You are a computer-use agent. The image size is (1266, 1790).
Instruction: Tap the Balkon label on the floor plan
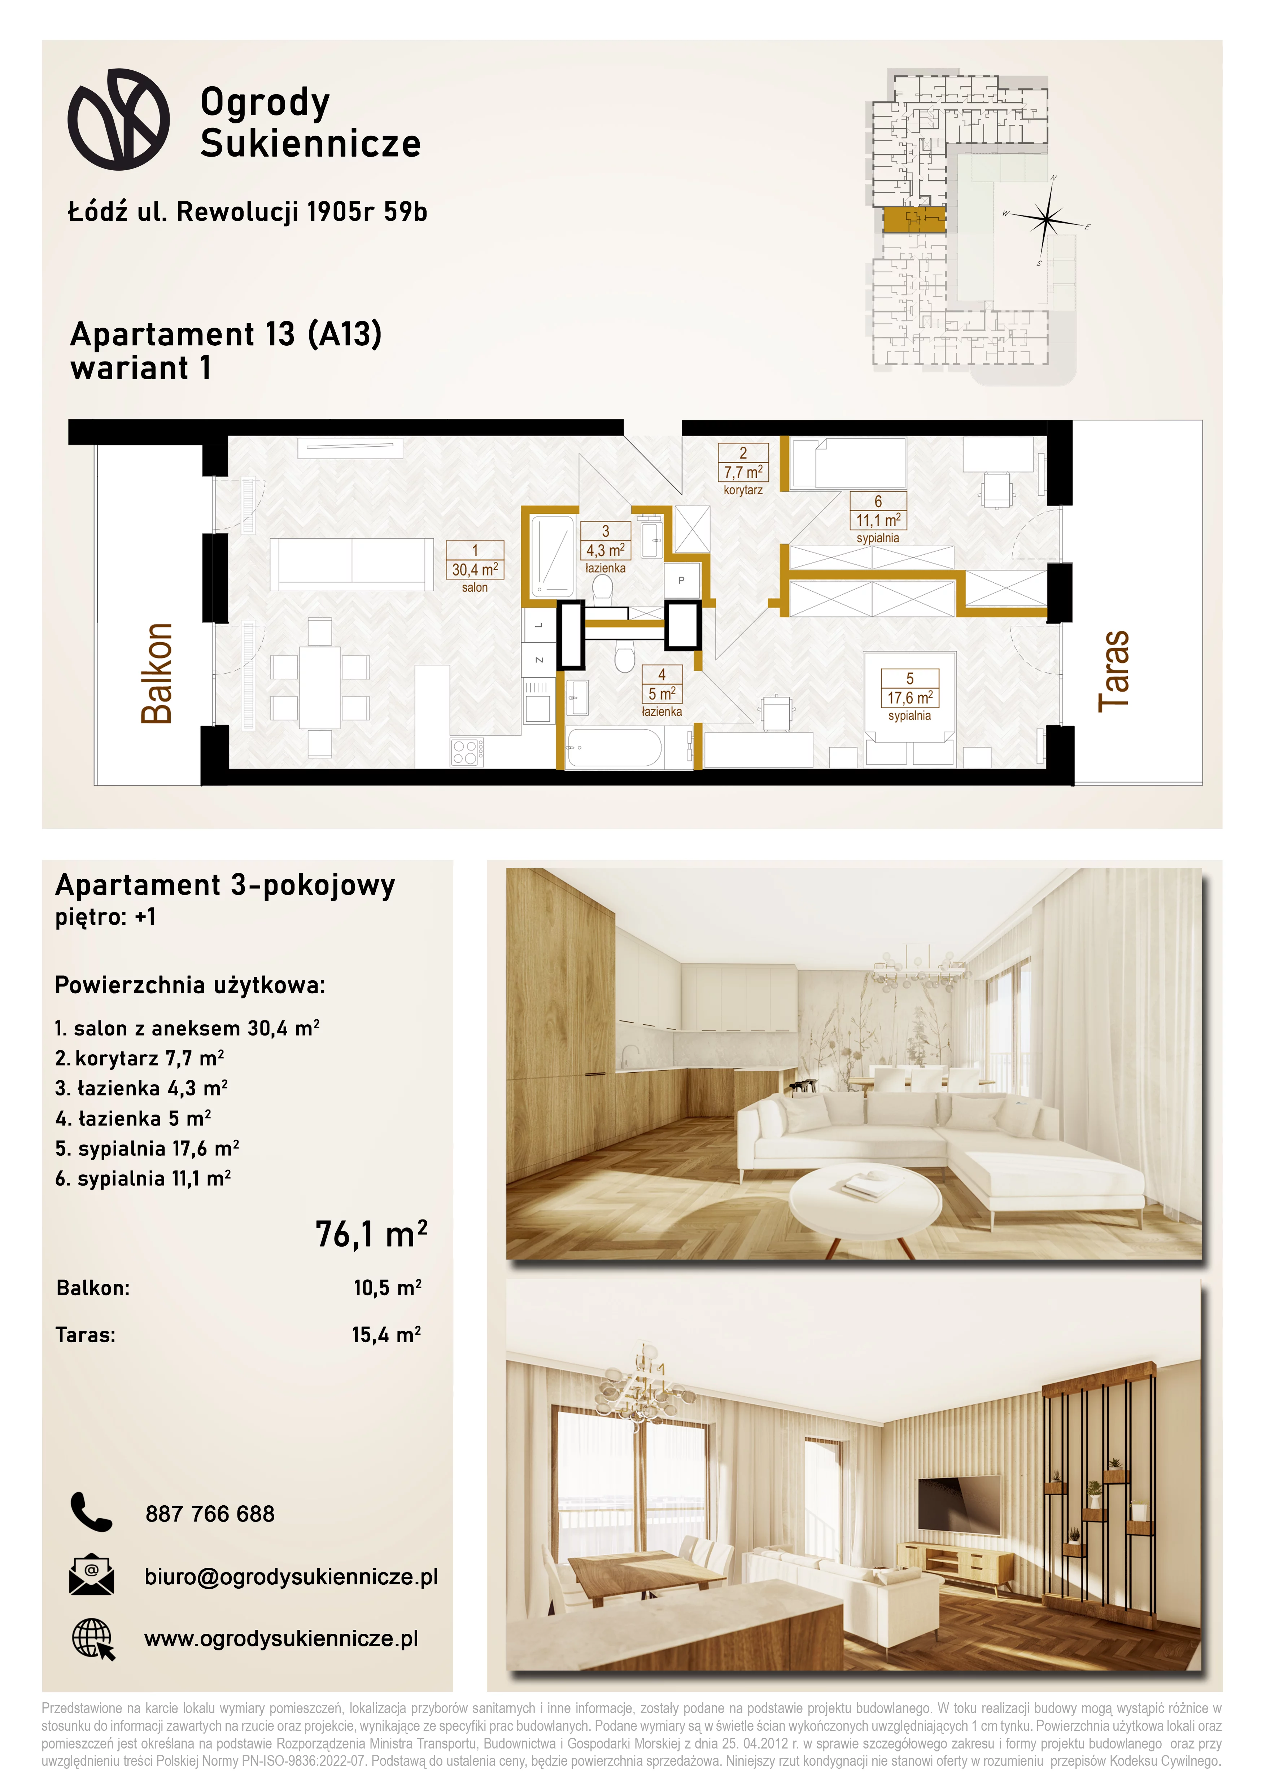pos(157,674)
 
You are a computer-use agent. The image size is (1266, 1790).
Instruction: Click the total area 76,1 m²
pos(371,1234)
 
